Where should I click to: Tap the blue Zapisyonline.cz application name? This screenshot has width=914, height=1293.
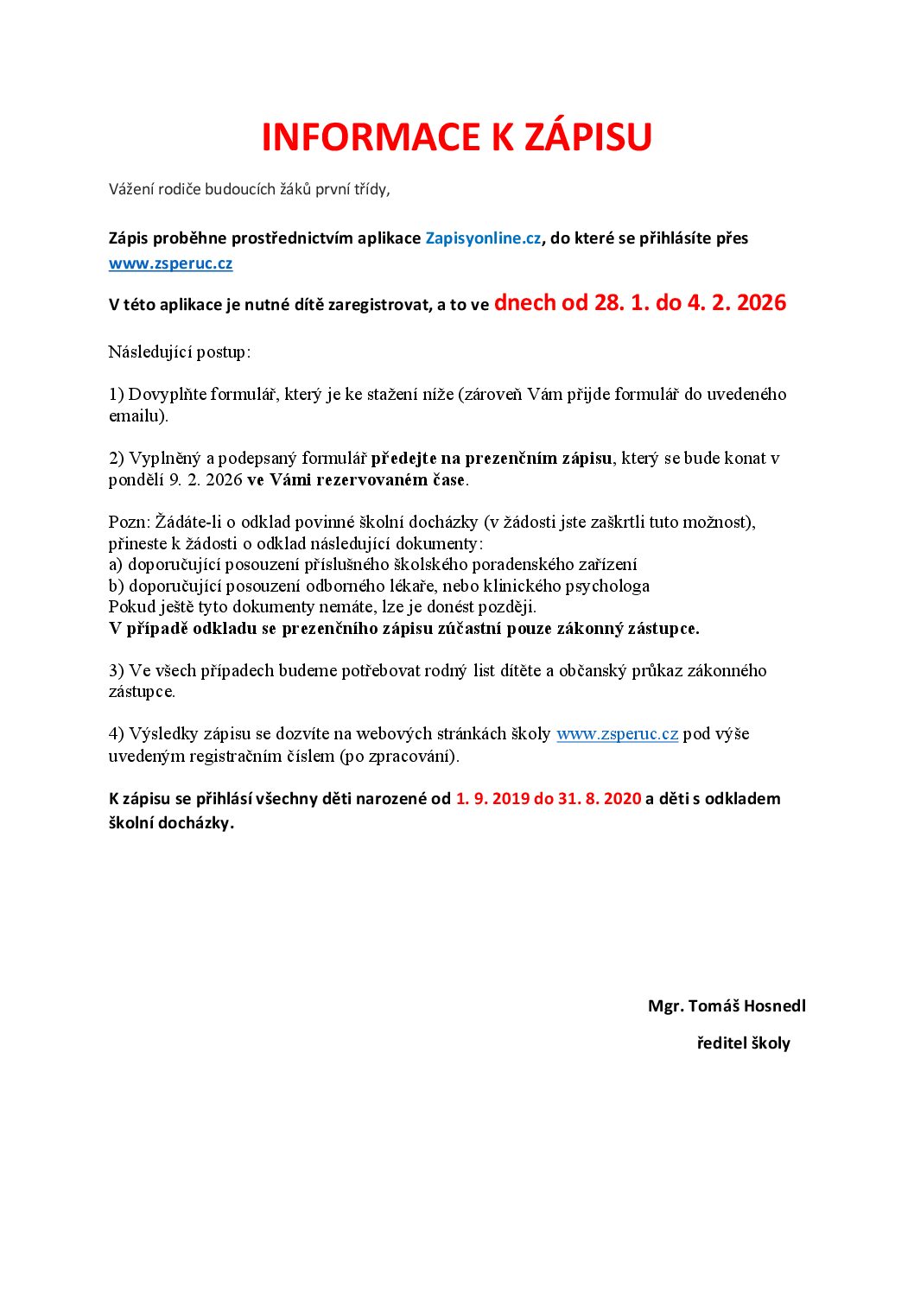point(483,238)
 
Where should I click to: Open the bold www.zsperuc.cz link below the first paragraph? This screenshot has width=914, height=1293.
point(170,263)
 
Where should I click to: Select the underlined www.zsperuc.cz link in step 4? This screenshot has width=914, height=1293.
point(617,734)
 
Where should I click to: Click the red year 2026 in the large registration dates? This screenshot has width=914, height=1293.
point(761,303)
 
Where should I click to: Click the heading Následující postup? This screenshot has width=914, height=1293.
point(179,352)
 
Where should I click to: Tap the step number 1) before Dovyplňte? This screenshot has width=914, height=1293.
point(117,395)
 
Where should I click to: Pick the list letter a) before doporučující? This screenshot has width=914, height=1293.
point(117,565)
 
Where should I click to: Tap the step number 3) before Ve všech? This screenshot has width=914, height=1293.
point(117,671)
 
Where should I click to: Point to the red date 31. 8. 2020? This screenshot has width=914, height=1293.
point(600,799)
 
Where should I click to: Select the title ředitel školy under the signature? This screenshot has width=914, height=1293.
point(743,1043)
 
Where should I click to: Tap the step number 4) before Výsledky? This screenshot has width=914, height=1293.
point(117,734)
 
